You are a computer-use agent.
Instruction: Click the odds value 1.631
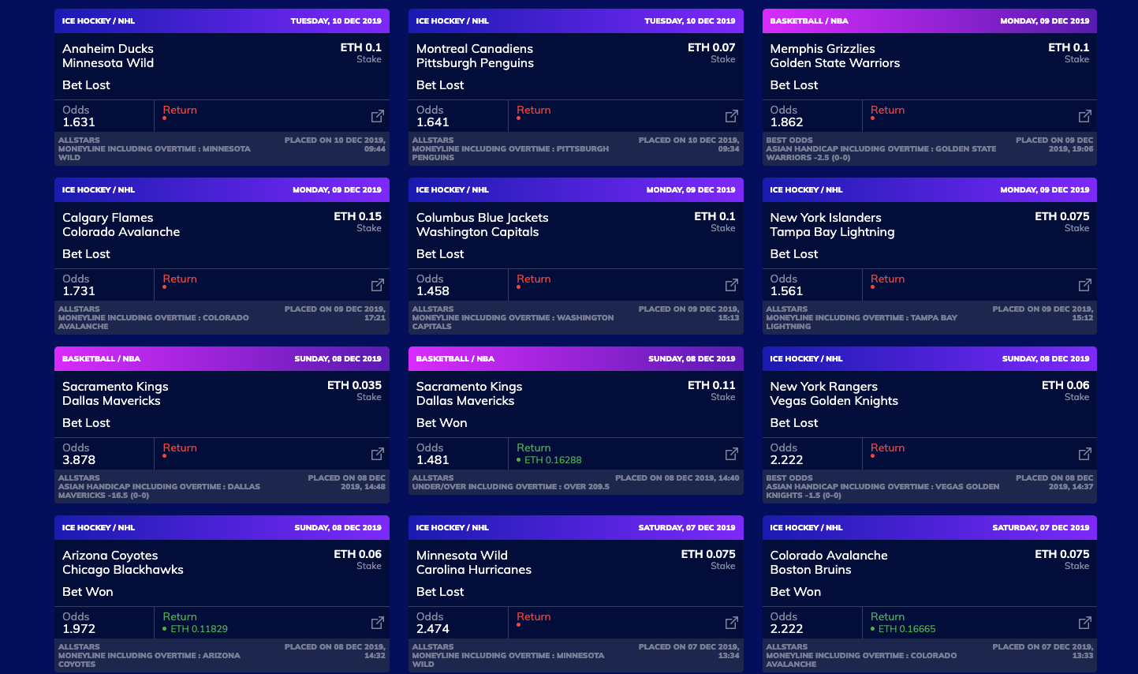point(79,122)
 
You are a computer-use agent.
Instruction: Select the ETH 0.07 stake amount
point(711,47)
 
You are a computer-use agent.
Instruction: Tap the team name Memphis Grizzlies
point(822,49)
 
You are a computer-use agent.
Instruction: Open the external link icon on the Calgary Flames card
point(378,285)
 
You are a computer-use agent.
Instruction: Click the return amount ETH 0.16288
point(553,460)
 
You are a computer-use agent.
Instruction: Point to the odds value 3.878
point(79,460)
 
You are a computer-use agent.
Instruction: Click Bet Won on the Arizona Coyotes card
point(88,592)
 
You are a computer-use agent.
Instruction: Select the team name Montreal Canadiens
point(474,49)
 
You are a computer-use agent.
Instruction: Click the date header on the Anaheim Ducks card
point(335,21)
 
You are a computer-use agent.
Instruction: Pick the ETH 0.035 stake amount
point(354,385)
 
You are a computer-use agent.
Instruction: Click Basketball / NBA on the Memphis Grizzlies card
point(808,21)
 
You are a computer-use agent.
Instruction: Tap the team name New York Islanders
point(825,218)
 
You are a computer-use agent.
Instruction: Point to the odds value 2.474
point(433,629)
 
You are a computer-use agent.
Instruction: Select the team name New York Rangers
point(823,387)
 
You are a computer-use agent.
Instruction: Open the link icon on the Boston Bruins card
point(1085,623)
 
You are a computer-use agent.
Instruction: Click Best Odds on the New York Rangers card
point(789,478)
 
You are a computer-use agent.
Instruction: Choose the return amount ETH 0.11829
point(199,629)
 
